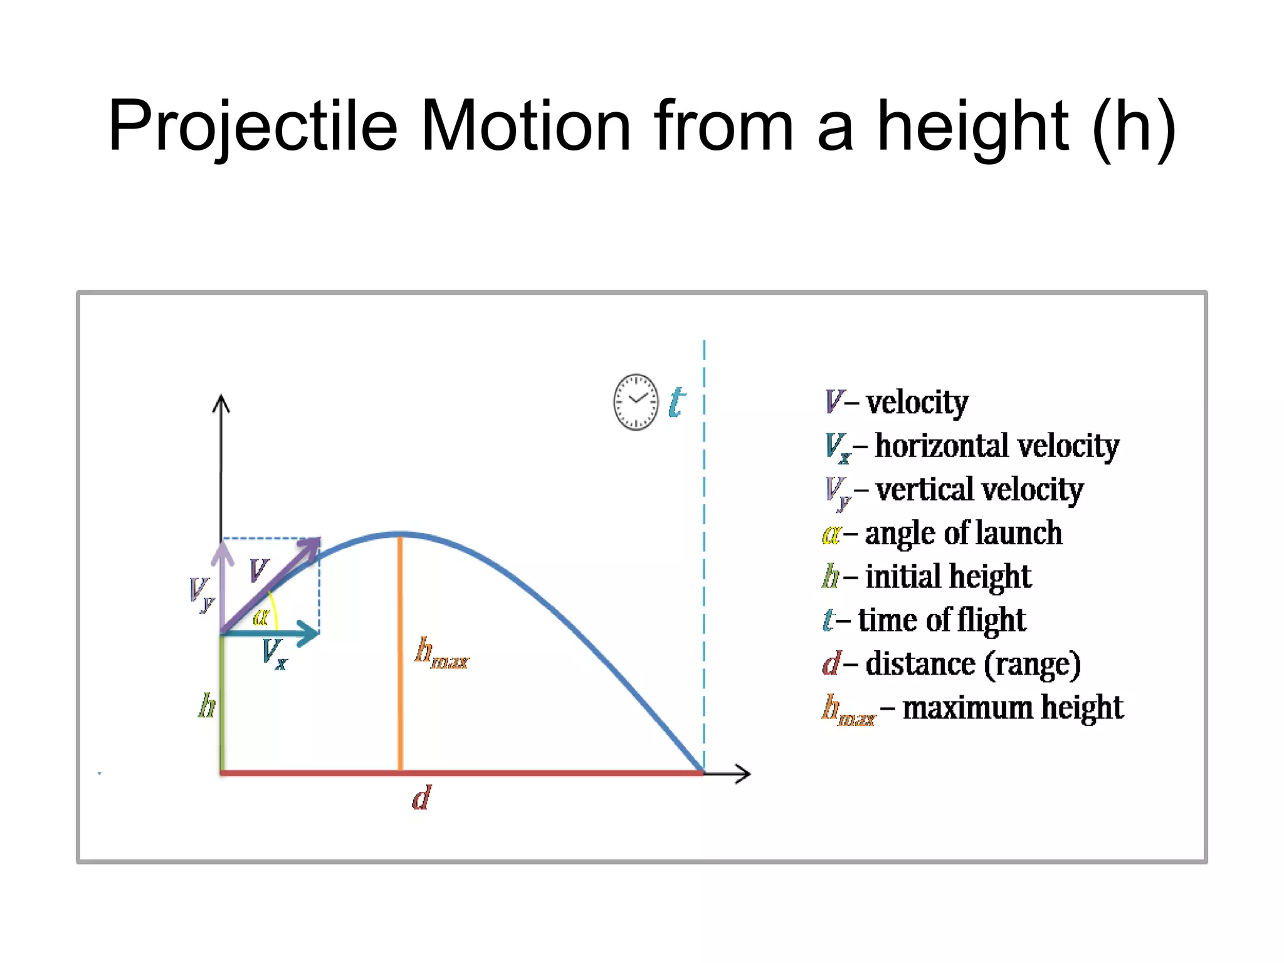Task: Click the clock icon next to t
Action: [636, 402]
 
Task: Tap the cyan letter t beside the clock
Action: [676, 402]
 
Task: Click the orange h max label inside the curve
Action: [441, 653]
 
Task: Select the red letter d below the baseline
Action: [421, 798]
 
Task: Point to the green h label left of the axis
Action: [206, 706]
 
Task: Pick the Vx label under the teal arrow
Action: [275, 653]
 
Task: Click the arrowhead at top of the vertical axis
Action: [221, 403]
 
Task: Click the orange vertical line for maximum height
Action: [400, 652]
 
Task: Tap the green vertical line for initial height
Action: [222, 702]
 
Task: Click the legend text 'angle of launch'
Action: [963, 534]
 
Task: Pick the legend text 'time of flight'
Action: [942, 621]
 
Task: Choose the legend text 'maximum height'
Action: [1013, 708]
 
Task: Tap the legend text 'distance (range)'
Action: [973, 664]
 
